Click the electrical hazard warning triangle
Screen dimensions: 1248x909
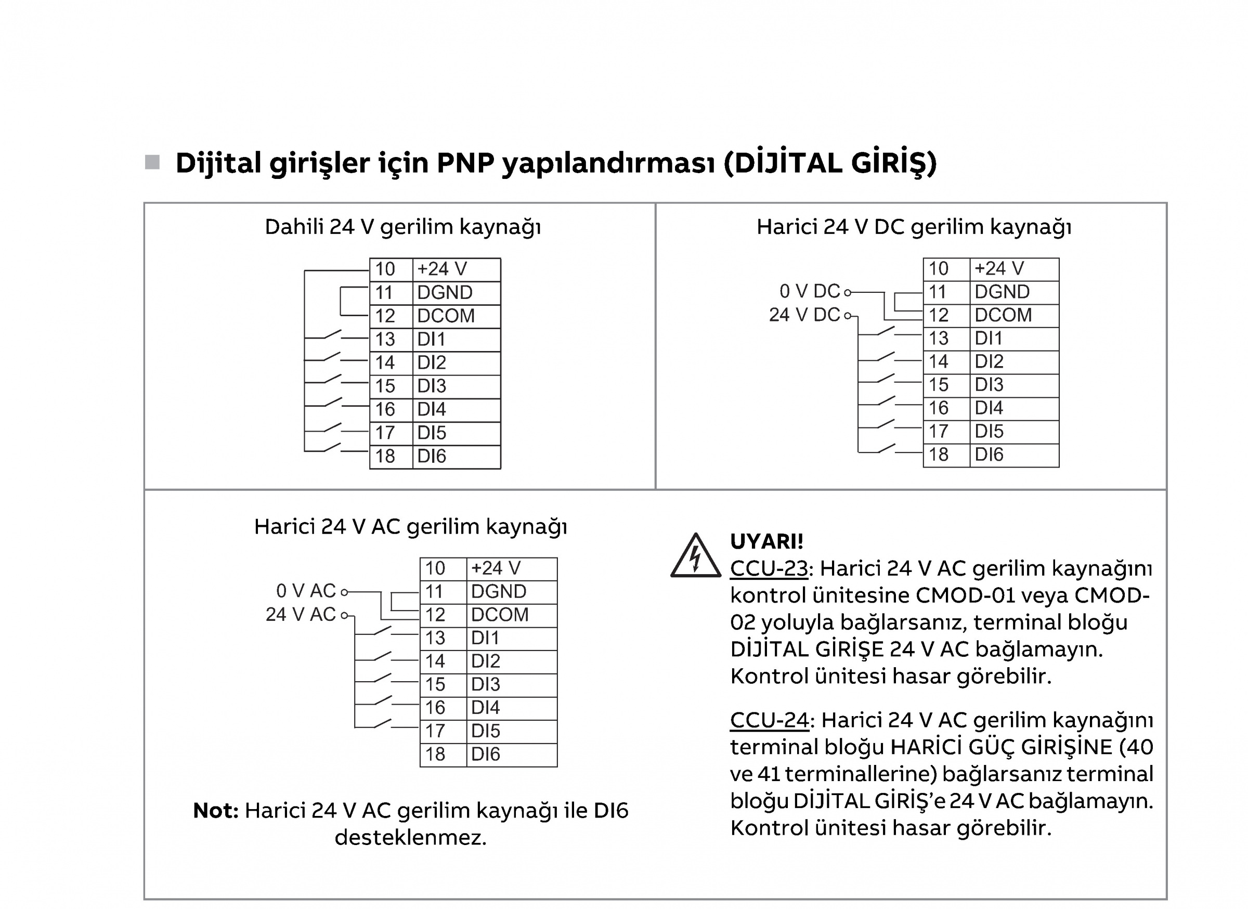[x=696, y=556]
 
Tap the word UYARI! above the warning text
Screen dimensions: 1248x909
[x=766, y=542]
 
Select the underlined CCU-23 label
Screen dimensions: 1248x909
[x=769, y=568]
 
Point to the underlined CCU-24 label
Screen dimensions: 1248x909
[x=769, y=720]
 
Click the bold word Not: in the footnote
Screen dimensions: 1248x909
[x=216, y=811]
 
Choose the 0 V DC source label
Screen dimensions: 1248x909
[x=810, y=291]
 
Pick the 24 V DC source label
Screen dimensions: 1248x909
[x=804, y=315]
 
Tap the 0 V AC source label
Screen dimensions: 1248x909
[x=306, y=591]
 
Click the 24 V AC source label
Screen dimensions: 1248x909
[x=301, y=615]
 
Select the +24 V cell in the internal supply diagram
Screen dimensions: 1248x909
[x=457, y=269]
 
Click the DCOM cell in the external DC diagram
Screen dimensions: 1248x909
[x=1014, y=315]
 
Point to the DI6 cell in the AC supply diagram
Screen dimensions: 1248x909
[x=512, y=755]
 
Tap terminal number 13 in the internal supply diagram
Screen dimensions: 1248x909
[x=385, y=340]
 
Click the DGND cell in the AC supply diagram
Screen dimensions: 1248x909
[x=512, y=591]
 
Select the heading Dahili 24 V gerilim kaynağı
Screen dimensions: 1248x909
[x=403, y=227]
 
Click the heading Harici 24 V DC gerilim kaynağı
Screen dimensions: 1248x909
[x=914, y=227]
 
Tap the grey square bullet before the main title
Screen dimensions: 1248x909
[x=152, y=162]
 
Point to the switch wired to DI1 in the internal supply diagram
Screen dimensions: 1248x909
[x=332, y=334]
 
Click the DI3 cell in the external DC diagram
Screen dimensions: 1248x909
[x=1014, y=385]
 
